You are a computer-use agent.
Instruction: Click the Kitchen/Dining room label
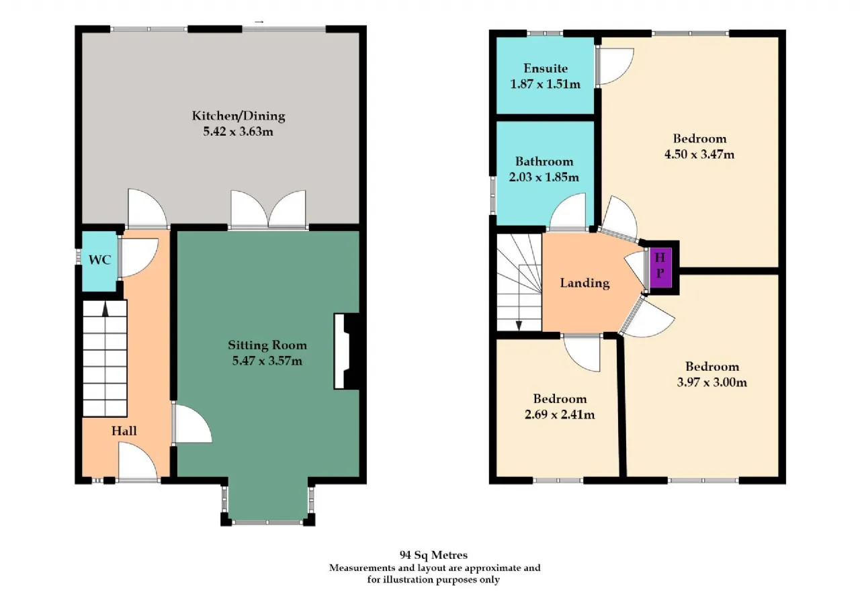click(239, 116)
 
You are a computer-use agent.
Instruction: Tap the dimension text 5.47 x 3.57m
click(267, 361)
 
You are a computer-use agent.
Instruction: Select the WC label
click(100, 260)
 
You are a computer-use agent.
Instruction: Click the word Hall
click(124, 431)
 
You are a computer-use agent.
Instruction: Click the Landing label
click(585, 284)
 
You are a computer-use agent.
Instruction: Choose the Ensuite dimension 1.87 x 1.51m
click(545, 84)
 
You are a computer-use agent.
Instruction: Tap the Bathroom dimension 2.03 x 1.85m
click(544, 177)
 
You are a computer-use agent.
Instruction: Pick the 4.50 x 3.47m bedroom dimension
click(699, 155)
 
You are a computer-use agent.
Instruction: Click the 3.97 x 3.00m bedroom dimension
click(712, 382)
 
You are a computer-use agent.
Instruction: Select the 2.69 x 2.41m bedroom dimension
click(560, 415)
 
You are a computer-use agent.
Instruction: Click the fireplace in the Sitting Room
click(347, 351)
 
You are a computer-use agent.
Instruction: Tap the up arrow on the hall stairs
click(105, 309)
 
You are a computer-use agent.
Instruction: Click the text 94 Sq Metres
click(433, 555)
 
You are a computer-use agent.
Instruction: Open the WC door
click(138, 257)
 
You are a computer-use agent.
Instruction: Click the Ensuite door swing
click(614, 67)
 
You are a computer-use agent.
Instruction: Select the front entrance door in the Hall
click(138, 461)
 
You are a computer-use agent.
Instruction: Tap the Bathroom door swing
click(568, 212)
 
